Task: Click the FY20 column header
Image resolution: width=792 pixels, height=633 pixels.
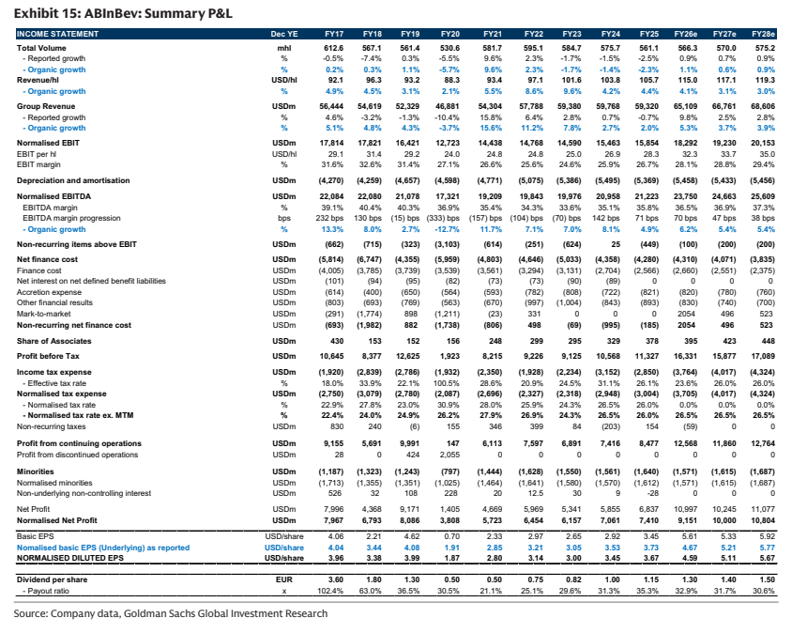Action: tap(450, 34)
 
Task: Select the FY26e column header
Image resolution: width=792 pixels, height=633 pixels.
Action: tap(685, 34)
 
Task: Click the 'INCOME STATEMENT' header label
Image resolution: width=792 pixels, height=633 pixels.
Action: tap(57, 34)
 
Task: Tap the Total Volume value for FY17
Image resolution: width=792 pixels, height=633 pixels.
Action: tap(333, 48)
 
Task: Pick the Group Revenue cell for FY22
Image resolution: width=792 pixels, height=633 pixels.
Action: tap(531, 106)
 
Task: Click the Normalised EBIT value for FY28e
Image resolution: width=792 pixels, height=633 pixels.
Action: tap(763, 143)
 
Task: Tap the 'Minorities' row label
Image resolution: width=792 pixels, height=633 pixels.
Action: tap(36, 471)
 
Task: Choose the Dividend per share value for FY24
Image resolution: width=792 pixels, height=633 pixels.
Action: tap(612, 579)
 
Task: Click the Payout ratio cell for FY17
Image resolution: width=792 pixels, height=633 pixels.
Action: tap(330, 591)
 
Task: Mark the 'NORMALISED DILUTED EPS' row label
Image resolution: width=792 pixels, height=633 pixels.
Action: tap(70, 558)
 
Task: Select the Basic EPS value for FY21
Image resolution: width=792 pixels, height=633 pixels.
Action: tap(495, 536)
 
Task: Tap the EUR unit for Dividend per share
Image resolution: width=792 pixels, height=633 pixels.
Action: tap(284, 579)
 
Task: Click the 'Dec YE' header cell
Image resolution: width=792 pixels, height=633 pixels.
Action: tap(284, 34)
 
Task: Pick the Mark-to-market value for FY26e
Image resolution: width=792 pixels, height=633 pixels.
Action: tap(687, 314)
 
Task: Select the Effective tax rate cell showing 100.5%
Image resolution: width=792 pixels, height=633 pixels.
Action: tap(447, 383)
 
